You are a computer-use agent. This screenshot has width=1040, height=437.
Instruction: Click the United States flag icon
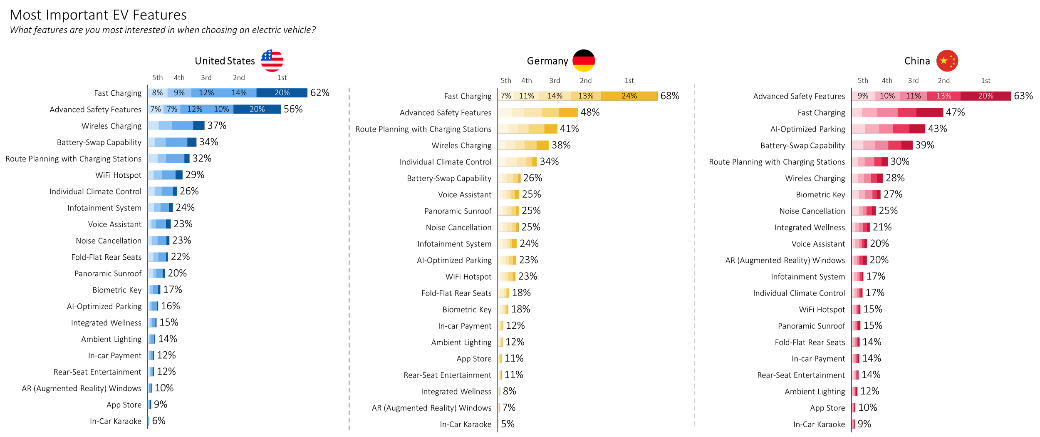coord(272,61)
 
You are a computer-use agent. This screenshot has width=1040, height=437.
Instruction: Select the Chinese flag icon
coord(947,61)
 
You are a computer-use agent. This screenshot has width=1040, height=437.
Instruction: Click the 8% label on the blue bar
coord(157,93)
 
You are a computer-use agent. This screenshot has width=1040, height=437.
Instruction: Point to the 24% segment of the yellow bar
coord(629,96)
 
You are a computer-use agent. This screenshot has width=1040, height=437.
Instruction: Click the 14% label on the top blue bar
coord(239,93)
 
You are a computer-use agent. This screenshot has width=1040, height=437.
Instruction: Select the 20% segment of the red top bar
coord(986,96)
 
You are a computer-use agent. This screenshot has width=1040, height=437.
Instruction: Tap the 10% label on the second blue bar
coord(221,109)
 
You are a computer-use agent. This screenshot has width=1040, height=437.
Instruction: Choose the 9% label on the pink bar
coord(863,96)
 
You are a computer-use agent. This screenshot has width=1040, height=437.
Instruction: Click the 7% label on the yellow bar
coord(505,96)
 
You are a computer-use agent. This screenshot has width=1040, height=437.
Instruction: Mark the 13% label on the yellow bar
coord(586,96)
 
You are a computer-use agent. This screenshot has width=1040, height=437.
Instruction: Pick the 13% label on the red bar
coord(943,96)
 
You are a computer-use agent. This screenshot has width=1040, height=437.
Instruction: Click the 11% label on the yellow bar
coord(526,96)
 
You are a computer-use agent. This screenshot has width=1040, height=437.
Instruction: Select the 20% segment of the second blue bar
coord(257,109)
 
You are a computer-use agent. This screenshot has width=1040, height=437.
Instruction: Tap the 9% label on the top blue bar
coord(179,93)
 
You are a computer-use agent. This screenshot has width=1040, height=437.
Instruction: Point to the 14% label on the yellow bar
coord(555,96)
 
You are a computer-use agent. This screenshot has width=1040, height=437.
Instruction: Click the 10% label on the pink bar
coord(887,96)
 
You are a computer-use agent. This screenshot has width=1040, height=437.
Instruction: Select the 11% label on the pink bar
coord(913,96)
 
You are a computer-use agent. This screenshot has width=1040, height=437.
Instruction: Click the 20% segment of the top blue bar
coord(282,93)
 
